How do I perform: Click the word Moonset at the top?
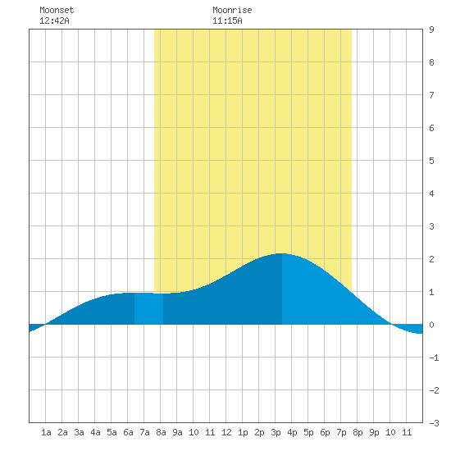[x=57, y=10]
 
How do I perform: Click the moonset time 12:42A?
[x=54, y=20]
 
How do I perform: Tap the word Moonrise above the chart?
[x=232, y=10]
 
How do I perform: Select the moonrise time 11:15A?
[x=227, y=20]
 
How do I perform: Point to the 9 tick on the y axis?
[x=431, y=30]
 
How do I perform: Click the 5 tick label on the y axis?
[x=431, y=161]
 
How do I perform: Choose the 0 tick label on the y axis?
[x=431, y=325]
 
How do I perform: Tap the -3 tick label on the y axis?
[x=434, y=423]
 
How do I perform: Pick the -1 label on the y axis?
[x=434, y=358]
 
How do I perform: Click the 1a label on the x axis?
[x=46, y=432]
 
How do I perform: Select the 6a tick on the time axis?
[x=128, y=432]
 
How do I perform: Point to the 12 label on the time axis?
[x=226, y=432]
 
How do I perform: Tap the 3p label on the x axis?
[x=276, y=432]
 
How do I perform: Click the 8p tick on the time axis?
[x=358, y=432]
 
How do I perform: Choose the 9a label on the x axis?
[x=177, y=432]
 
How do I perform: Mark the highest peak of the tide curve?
[x=281, y=253]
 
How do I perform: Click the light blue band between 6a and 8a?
[x=148, y=308]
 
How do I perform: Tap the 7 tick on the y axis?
[x=431, y=95]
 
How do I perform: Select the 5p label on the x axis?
[x=308, y=432]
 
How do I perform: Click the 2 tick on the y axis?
[x=431, y=259]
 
